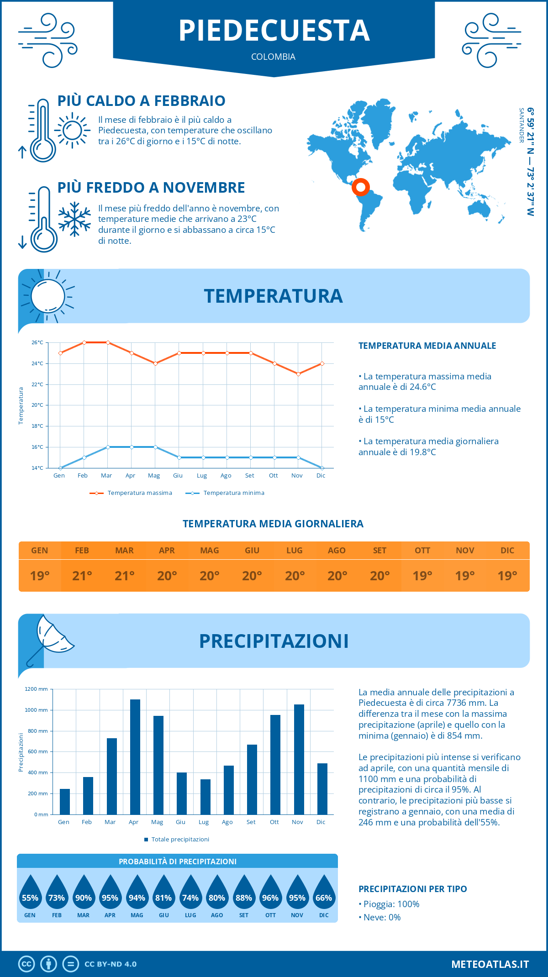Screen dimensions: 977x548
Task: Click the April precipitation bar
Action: (135, 757)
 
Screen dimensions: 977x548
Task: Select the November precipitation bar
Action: (299, 759)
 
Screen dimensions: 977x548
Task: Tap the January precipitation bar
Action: (65, 802)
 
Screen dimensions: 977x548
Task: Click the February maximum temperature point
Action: (84, 342)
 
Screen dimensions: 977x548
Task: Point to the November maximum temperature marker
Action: (298, 374)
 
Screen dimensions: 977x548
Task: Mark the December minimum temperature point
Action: (322, 468)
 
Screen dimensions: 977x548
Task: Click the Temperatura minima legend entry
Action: (225, 493)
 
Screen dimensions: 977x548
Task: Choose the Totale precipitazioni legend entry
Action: (177, 839)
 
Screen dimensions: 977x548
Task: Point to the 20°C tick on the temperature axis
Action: (37, 405)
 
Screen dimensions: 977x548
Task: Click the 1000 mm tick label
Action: (37, 710)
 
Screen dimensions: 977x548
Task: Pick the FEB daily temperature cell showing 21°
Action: (82, 576)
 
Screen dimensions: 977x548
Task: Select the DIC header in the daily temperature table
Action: (507, 551)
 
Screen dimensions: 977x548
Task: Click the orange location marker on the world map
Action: (361, 187)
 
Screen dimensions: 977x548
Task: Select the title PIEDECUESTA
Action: (274, 31)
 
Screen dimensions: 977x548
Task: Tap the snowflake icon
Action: (74, 219)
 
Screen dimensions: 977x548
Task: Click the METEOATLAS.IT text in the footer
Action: (490, 964)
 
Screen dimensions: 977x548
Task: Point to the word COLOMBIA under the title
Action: (273, 57)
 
